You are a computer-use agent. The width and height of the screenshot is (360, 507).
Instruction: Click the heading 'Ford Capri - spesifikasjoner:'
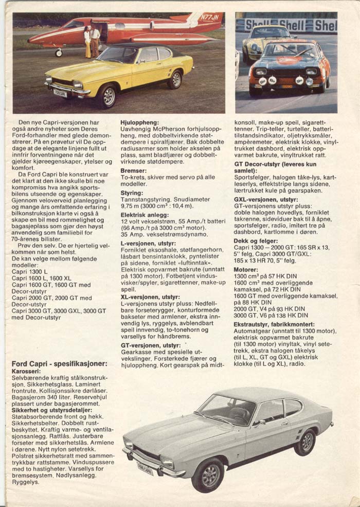(59, 364)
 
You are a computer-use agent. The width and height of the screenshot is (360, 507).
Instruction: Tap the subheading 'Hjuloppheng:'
(136, 122)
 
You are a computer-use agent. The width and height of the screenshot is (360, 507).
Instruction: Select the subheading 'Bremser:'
(133, 170)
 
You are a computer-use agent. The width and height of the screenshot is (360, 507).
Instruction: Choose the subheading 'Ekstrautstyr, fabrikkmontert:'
(274, 324)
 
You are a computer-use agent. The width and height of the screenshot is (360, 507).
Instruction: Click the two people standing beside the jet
(92, 41)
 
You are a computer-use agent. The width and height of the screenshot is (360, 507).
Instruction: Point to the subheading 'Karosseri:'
(27, 371)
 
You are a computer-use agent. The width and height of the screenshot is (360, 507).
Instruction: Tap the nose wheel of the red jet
(59, 52)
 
